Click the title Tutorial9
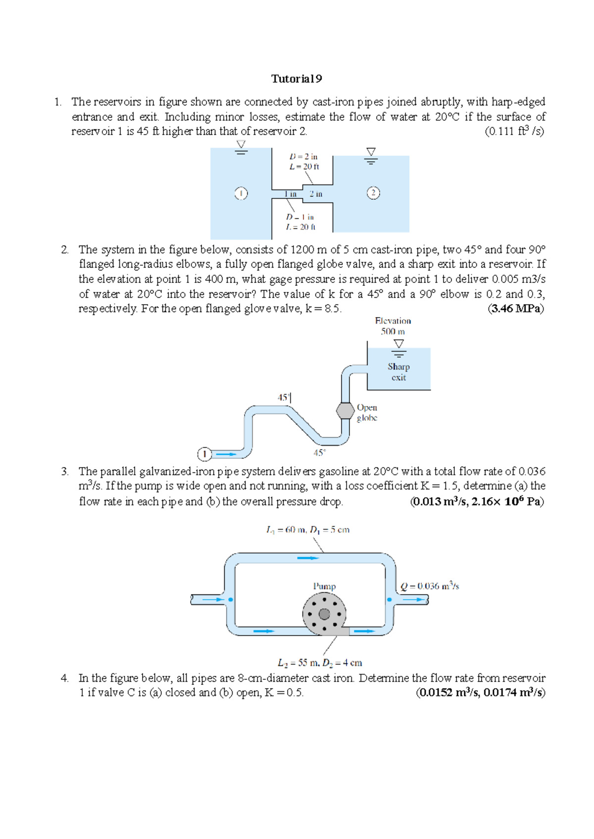pyautogui.click(x=297, y=79)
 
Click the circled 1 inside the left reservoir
pyautogui.click(x=241, y=193)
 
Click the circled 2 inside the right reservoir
pyautogui.click(x=373, y=193)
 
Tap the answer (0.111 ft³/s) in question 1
pyautogui.click(x=514, y=132)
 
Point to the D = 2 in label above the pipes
pyautogui.click(x=303, y=156)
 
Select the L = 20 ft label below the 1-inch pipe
pyautogui.click(x=300, y=227)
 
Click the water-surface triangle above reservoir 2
pyautogui.click(x=371, y=152)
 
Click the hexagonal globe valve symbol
pyautogui.click(x=345, y=411)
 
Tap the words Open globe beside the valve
pyautogui.click(x=367, y=413)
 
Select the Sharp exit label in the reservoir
pyautogui.click(x=398, y=372)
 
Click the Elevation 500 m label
pyautogui.click(x=393, y=326)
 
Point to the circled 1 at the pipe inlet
pyautogui.click(x=204, y=454)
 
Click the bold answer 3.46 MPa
pyautogui.click(x=516, y=309)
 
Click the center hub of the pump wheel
pyautogui.click(x=324, y=614)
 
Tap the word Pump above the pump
pyautogui.click(x=324, y=586)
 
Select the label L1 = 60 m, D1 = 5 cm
pyautogui.click(x=307, y=530)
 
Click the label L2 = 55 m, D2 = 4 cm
pyautogui.click(x=320, y=662)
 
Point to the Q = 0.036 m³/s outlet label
pyautogui.click(x=430, y=586)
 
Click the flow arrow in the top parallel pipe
pyautogui.click(x=308, y=558)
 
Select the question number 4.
pyautogui.click(x=64, y=678)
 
